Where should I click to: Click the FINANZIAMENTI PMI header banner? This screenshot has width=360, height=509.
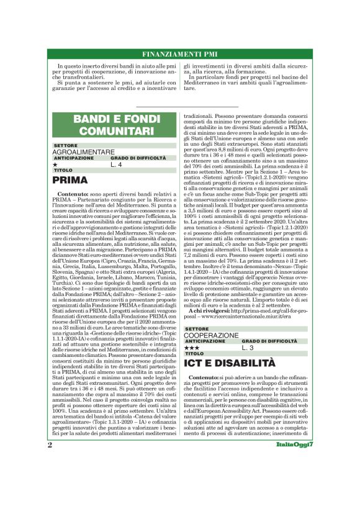point(180,53)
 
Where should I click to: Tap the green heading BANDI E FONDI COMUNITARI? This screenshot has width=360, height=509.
point(113,125)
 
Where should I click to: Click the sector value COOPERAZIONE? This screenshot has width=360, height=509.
point(212,335)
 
